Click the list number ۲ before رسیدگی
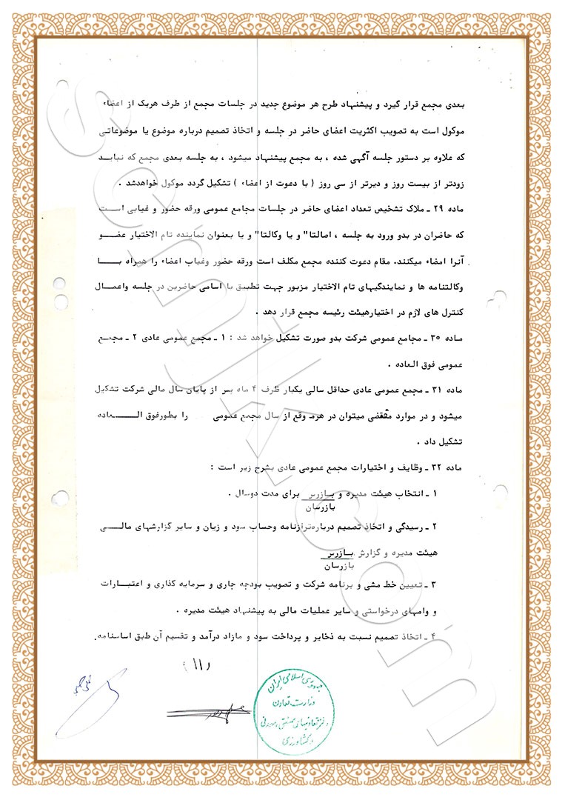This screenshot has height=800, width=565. coord(457,527)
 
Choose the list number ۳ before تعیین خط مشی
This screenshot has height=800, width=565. coord(457,585)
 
